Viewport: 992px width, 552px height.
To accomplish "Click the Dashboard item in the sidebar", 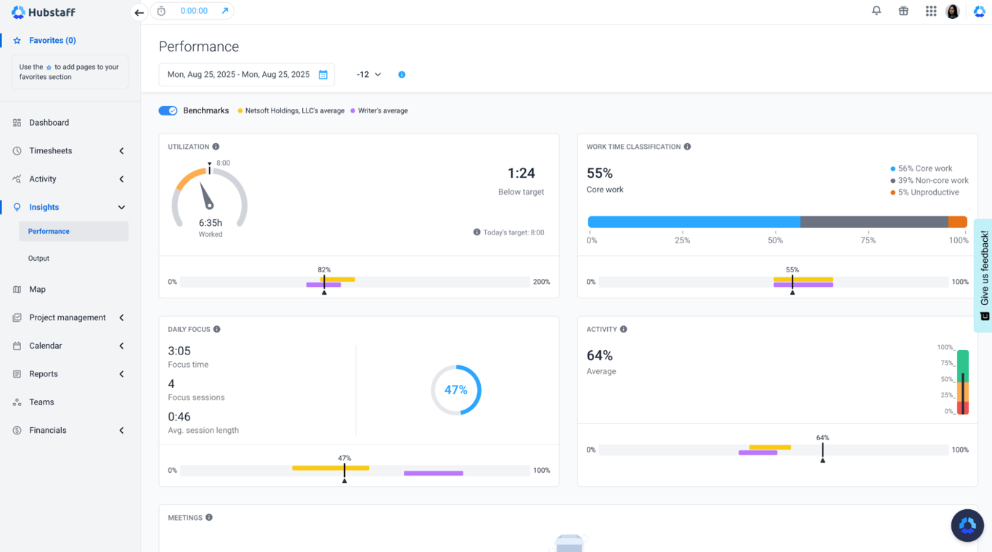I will tap(49, 123).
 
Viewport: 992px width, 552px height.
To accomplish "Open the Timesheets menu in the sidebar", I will tap(51, 151).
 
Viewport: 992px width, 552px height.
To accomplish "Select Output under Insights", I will tap(38, 259).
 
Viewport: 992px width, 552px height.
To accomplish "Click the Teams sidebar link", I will tap(41, 402).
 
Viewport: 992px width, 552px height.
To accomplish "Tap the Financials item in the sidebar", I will tap(48, 431).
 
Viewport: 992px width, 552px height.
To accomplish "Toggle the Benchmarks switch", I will tap(168, 111).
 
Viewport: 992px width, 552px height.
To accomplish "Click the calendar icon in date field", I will tap(323, 75).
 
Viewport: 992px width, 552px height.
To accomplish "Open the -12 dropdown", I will tap(369, 75).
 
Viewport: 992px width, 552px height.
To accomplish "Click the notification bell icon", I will tap(877, 11).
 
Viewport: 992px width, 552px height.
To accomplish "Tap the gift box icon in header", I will tap(903, 11).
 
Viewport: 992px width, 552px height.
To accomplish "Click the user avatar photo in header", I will tap(953, 11).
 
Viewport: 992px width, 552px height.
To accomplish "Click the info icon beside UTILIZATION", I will tap(216, 147).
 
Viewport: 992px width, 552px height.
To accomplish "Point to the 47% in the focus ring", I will tap(456, 390).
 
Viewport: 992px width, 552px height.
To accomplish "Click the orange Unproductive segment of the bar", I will tap(958, 222).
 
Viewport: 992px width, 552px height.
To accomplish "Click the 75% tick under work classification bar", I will tap(868, 240).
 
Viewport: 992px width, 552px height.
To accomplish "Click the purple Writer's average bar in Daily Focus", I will tap(434, 474).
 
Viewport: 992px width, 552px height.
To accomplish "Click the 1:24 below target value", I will tap(521, 174).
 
